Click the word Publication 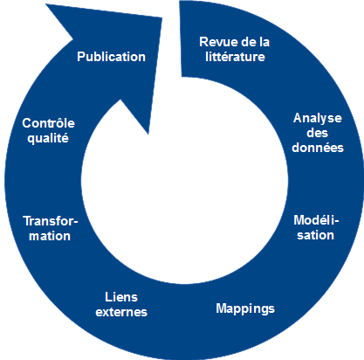click(111, 57)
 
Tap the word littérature click(235, 57)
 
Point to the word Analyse click(318, 119)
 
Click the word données click(318, 148)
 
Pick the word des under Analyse click(317, 133)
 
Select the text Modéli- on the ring click(316, 220)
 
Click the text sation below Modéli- click(315, 235)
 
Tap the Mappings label click(245, 308)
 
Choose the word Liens click(121, 297)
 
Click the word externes click(121, 312)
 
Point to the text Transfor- click(51, 221)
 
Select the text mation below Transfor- click(50, 236)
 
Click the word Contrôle click(48, 123)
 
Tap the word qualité click(48, 138)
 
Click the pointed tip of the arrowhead click(148, 135)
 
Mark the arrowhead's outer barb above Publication click(46, 4)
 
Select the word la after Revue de click(264, 42)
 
